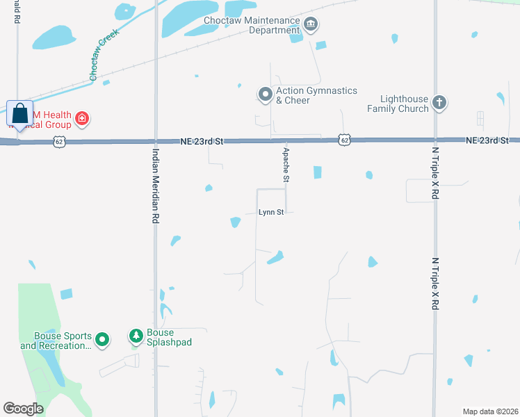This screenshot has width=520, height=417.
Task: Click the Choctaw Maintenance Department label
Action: click(x=252, y=26)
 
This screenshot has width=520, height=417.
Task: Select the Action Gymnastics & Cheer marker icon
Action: click(x=264, y=95)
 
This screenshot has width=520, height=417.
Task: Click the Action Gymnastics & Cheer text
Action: click(x=316, y=95)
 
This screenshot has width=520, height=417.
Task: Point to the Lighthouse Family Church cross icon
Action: click(x=439, y=103)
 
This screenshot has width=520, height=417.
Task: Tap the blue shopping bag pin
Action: click(x=19, y=114)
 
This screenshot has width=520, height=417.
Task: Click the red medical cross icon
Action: click(x=82, y=119)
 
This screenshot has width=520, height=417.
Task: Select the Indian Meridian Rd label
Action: click(x=156, y=185)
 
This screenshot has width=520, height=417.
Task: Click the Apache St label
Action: click(x=285, y=165)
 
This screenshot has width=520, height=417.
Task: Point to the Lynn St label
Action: click(x=270, y=212)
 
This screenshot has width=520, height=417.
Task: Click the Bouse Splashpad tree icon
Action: click(x=136, y=337)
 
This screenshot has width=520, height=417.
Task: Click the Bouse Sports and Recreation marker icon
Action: click(x=102, y=340)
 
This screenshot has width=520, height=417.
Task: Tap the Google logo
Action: click(x=24, y=408)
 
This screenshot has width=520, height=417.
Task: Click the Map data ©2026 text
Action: click(x=489, y=411)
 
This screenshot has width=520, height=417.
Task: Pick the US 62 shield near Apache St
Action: click(x=344, y=140)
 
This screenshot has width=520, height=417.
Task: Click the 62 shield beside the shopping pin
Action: click(x=59, y=142)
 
